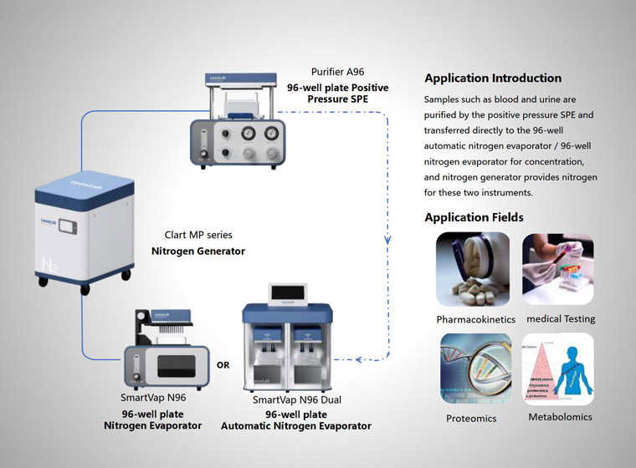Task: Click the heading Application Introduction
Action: pyautogui.click(x=493, y=79)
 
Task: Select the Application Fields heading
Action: pyautogui.click(x=474, y=217)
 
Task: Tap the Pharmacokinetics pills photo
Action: pyautogui.click(x=473, y=269)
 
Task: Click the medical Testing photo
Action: pyautogui.click(x=558, y=269)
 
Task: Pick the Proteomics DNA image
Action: pyautogui.click(x=473, y=369)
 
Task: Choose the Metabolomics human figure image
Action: pyautogui.click(x=558, y=369)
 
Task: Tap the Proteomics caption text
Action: pyautogui.click(x=472, y=419)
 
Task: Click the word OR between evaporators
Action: pyautogui.click(x=223, y=365)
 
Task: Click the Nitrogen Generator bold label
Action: pyautogui.click(x=198, y=251)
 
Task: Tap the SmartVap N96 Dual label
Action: pyautogui.click(x=297, y=400)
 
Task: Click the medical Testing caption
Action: pyautogui.click(x=561, y=319)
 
